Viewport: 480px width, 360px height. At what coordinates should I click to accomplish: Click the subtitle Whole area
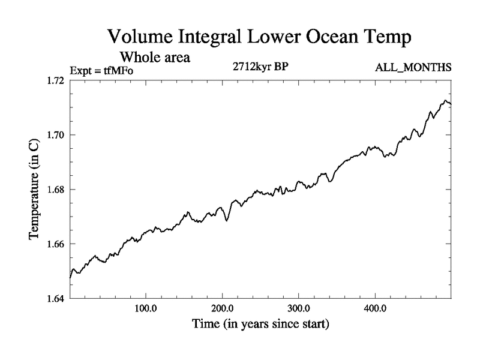click(155, 58)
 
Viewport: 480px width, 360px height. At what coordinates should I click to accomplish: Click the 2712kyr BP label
click(260, 67)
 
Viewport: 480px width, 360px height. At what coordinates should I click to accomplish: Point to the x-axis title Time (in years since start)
click(260, 325)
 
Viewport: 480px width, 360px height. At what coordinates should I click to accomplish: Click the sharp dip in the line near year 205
click(227, 220)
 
